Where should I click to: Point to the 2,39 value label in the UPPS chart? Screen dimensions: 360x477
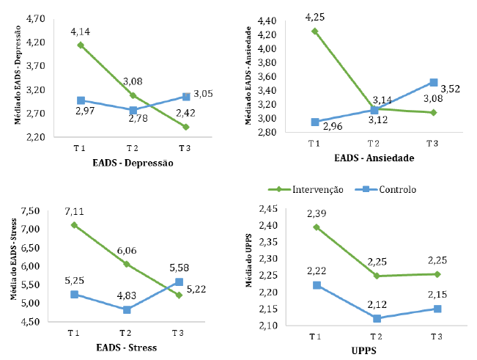point(316,213)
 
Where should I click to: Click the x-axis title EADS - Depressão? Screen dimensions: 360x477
point(133,163)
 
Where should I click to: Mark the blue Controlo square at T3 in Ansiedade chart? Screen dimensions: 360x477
point(433,83)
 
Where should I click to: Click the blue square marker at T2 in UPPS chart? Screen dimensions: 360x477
point(376,319)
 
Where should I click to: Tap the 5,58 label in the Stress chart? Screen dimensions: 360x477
point(179,268)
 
